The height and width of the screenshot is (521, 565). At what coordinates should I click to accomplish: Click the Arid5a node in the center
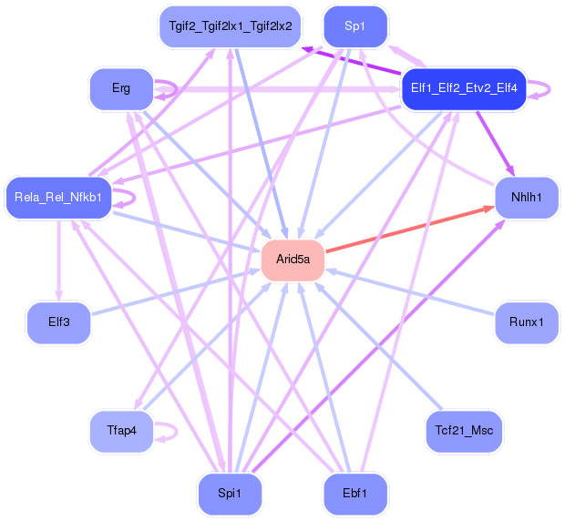(293, 260)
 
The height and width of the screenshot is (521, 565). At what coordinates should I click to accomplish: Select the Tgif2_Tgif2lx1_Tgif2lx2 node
(230, 26)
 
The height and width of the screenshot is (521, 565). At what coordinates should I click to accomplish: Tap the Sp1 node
(354, 26)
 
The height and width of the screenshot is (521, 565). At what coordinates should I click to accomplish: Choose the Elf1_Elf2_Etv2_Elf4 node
(464, 88)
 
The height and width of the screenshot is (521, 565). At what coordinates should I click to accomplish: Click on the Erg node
(121, 88)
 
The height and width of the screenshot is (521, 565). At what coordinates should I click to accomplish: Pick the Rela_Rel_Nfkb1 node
(59, 197)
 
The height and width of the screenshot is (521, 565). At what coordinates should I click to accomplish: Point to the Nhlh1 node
(526, 197)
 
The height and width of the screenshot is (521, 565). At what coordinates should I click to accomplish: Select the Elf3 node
(59, 322)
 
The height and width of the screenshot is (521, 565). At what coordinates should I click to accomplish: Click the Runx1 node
(526, 322)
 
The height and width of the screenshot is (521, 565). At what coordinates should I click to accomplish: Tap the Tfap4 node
(121, 430)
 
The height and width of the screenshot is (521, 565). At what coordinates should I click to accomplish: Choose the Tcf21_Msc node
(464, 430)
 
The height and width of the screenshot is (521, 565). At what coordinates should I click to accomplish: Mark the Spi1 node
(230, 494)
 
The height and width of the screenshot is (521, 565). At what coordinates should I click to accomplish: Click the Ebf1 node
(354, 494)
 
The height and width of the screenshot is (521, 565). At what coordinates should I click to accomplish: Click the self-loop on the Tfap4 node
(169, 431)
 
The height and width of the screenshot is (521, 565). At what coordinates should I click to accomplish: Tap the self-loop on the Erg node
(169, 88)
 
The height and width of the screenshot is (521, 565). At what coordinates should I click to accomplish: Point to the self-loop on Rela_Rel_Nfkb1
(128, 197)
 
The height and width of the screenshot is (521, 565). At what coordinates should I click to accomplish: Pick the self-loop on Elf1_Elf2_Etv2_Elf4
(544, 88)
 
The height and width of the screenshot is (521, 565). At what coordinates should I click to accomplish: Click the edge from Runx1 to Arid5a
(410, 291)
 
